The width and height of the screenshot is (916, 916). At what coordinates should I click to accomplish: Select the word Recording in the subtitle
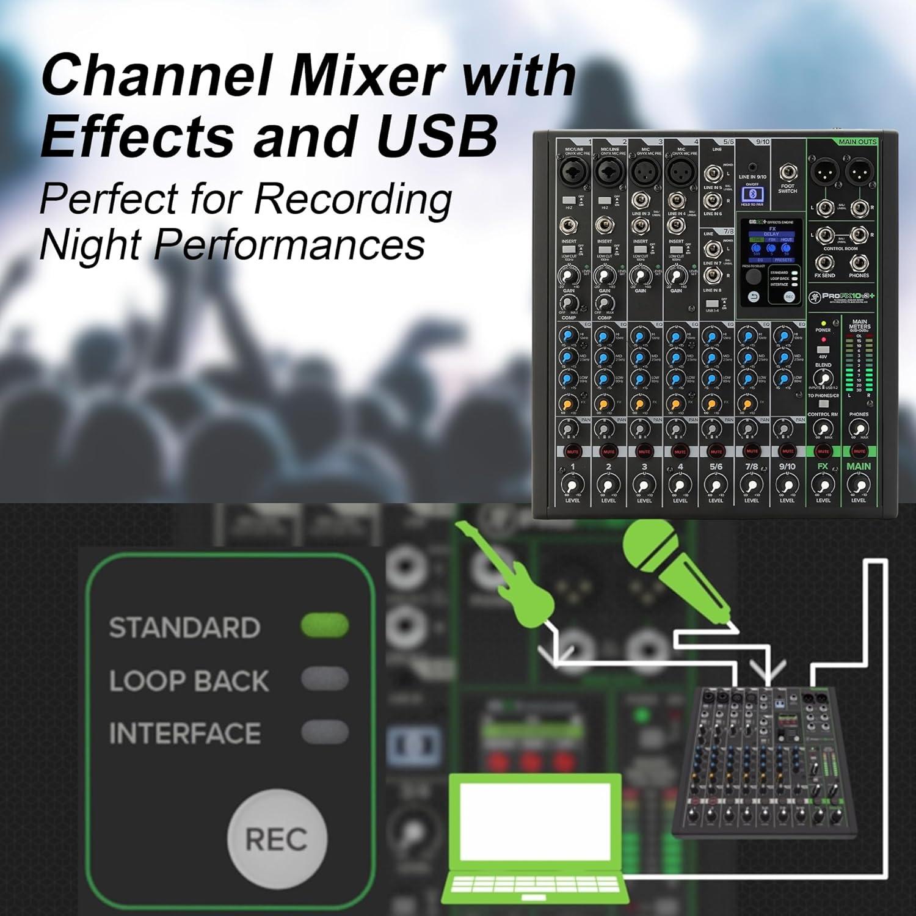(x=352, y=198)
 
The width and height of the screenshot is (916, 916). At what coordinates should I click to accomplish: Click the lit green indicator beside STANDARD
(x=324, y=625)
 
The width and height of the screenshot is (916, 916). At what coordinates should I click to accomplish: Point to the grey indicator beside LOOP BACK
(x=324, y=678)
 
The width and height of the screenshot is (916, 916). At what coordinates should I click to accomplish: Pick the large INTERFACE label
(x=184, y=733)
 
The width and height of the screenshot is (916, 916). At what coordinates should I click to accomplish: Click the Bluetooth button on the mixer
(x=752, y=195)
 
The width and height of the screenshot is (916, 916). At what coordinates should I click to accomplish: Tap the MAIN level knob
(x=859, y=485)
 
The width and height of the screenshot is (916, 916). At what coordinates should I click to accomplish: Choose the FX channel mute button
(x=823, y=451)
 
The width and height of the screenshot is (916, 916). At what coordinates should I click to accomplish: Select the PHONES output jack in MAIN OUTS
(x=859, y=263)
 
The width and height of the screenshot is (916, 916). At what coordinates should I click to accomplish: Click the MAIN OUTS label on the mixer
(x=857, y=142)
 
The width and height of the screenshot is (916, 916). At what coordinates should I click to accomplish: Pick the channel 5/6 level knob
(x=716, y=485)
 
